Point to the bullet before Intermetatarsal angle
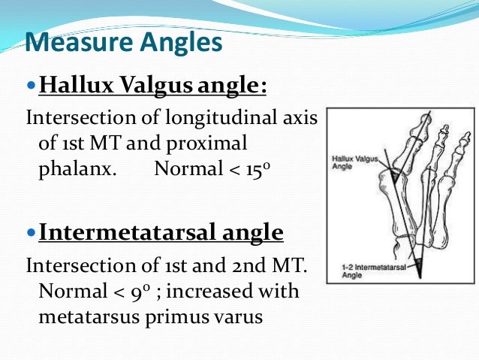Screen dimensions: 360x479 [x=31, y=232]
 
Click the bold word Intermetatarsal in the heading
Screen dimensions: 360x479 [x=117, y=232]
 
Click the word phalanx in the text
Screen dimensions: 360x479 [x=77, y=168]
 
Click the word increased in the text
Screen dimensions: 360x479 [x=198, y=291]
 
